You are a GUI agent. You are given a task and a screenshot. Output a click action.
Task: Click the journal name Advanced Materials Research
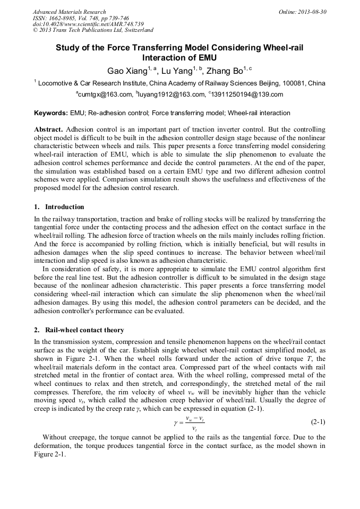pos(69,12)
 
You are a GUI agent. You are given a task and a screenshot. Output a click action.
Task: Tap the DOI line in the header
pos(88,24)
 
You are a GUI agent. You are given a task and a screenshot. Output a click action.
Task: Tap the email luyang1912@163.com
pos(173,95)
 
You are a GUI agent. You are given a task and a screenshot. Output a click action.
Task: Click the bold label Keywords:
pos(51,114)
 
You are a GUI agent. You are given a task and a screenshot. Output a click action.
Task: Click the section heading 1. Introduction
pos(58,206)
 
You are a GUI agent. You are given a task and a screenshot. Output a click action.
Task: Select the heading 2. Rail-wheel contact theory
pos(79,330)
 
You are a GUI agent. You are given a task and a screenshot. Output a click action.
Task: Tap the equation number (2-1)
pos(318,422)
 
